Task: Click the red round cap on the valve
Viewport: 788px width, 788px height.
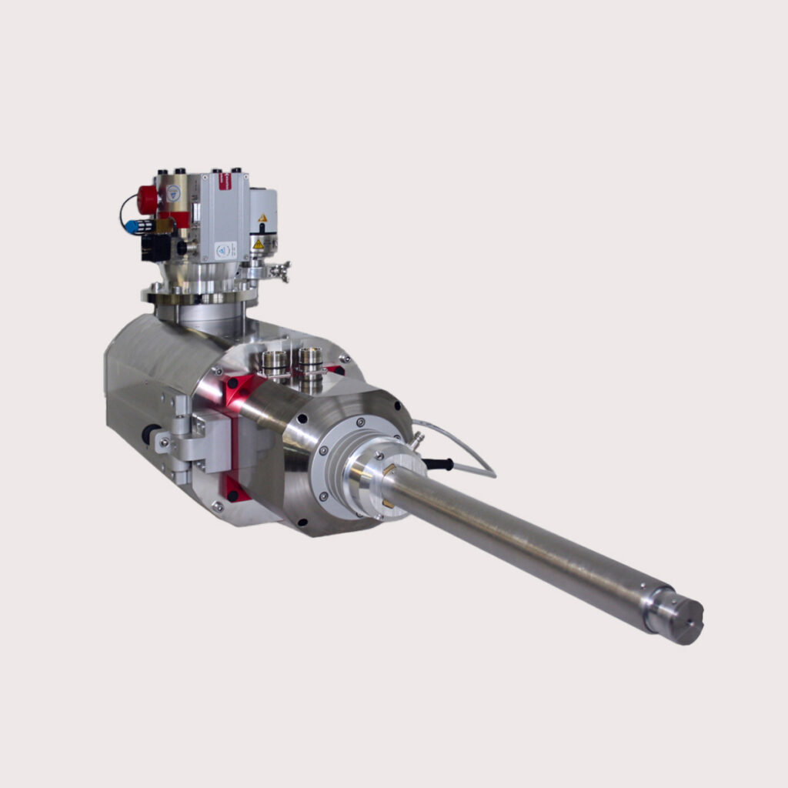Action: (147, 199)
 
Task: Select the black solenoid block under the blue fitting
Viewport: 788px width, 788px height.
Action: (157, 247)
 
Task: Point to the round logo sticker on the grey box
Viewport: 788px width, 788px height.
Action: (225, 249)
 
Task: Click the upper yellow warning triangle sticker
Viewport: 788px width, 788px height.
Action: (262, 219)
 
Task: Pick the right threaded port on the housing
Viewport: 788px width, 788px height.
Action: (310, 358)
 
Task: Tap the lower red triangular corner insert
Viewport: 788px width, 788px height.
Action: (233, 488)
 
